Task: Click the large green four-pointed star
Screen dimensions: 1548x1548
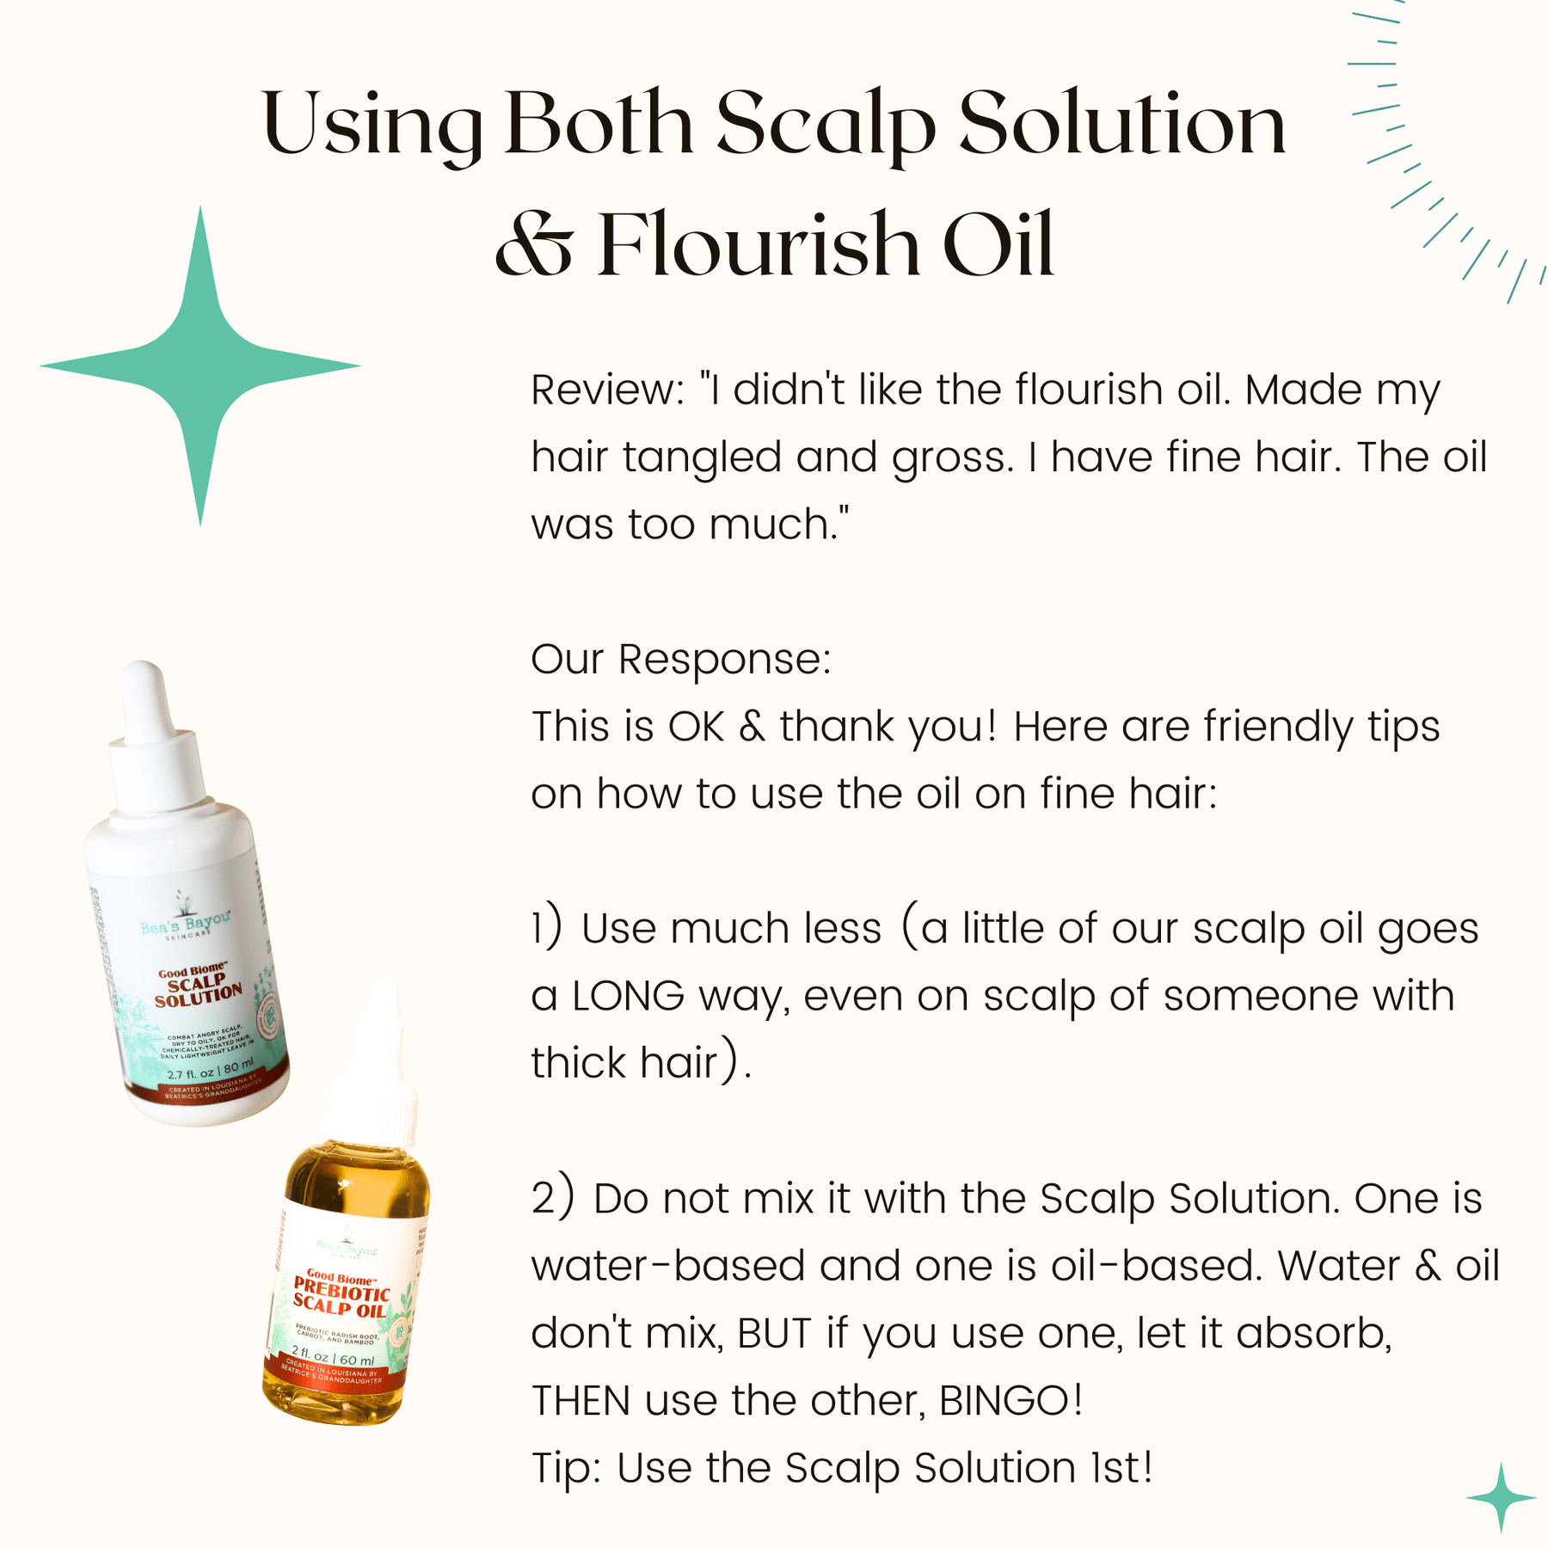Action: click(x=200, y=366)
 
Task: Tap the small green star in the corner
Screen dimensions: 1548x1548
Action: click(x=1501, y=1497)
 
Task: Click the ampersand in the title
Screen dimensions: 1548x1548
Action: click(x=534, y=246)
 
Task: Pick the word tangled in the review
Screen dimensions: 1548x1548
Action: click(x=702, y=458)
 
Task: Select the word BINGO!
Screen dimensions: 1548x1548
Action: click(x=1010, y=1400)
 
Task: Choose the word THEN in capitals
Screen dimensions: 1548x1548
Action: click(x=580, y=1400)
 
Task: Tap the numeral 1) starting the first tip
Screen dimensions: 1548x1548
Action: click(x=547, y=929)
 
